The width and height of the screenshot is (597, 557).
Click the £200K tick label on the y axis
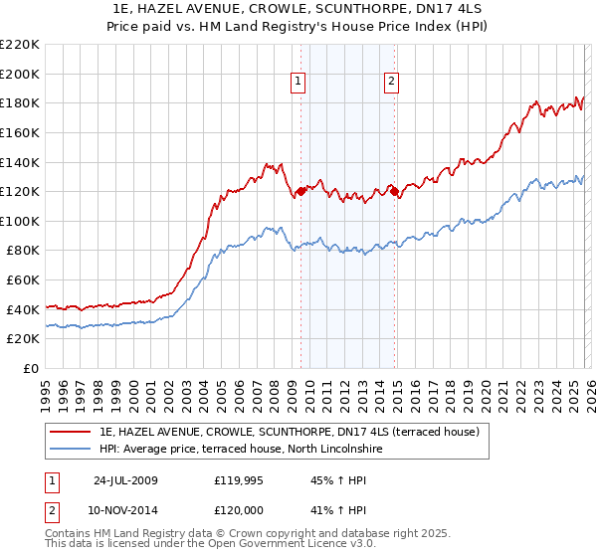[20, 74]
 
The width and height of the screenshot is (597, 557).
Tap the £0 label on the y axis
[31, 369]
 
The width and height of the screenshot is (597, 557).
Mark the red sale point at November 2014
[394, 191]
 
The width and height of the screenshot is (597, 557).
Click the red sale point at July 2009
[300, 191]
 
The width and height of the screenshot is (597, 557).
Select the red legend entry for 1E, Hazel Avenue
[290, 432]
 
